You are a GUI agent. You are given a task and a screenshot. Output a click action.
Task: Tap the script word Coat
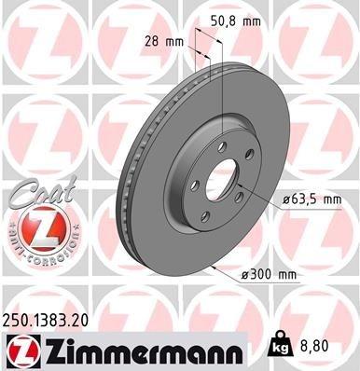[x=35, y=197]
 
